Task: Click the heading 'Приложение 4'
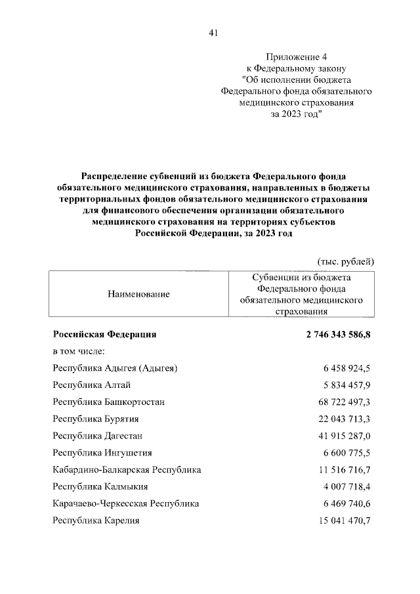(x=297, y=57)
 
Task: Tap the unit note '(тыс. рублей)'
(x=346, y=261)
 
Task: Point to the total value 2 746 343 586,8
(x=338, y=334)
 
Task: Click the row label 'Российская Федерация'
(x=105, y=334)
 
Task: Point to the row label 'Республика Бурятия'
(x=97, y=418)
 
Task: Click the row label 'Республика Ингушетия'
(x=102, y=452)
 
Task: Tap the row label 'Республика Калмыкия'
(x=100, y=486)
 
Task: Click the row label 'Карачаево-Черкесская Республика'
(x=126, y=503)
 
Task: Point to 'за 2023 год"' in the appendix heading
(x=297, y=113)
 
